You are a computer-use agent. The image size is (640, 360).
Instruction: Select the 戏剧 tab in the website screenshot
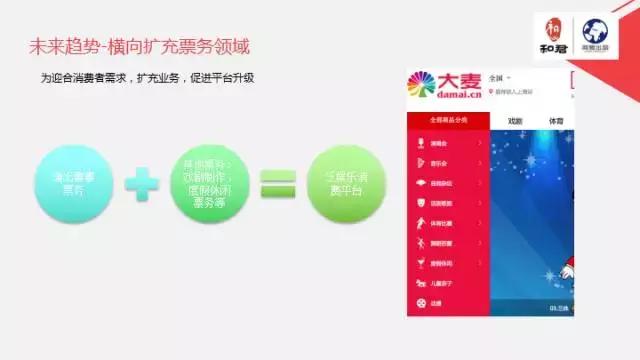coord(516,121)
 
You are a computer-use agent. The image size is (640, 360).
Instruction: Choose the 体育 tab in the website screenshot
coord(557,121)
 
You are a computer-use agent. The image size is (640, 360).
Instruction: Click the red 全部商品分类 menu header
coord(447,120)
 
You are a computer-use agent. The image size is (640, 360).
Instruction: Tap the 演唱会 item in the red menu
coord(440,142)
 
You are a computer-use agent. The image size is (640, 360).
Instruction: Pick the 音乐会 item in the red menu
coord(440,162)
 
